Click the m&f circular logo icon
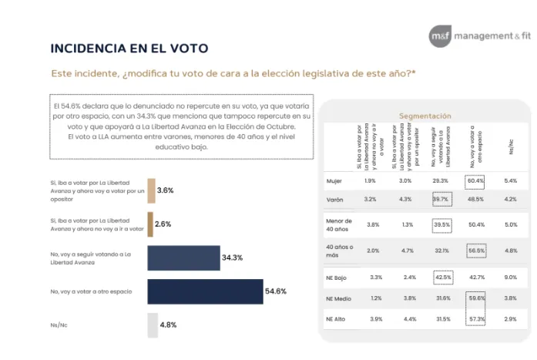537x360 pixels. click(x=440, y=35)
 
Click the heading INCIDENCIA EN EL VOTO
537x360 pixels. click(x=129, y=49)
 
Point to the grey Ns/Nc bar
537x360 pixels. click(x=152, y=325)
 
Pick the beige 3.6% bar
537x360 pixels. click(x=150, y=190)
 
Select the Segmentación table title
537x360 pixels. click(x=425, y=116)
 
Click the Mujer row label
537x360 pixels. click(x=334, y=180)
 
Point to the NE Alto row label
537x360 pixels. click(x=337, y=318)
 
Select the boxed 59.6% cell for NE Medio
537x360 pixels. click(x=475, y=298)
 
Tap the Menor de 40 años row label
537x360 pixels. click(x=339, y=224)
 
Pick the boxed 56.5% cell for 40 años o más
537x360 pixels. click(x=475, y=250)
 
